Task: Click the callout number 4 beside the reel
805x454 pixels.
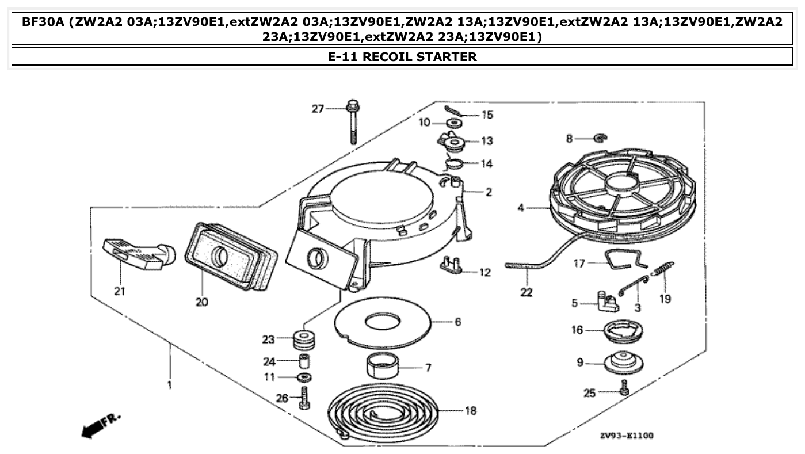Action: click(x=521, y=208)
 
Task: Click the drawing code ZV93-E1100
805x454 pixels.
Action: click(x=626, y=436)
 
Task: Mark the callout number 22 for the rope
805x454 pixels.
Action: click(x=527, y=292)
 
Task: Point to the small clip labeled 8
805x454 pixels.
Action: click(x=599, y=138)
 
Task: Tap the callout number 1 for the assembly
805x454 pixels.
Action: click(x=169, y=386)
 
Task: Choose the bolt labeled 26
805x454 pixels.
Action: click(x=304, y=398)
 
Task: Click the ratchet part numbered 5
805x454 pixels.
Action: click(x=601, y=302)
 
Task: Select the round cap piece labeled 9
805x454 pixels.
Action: click(x=624, y=362)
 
